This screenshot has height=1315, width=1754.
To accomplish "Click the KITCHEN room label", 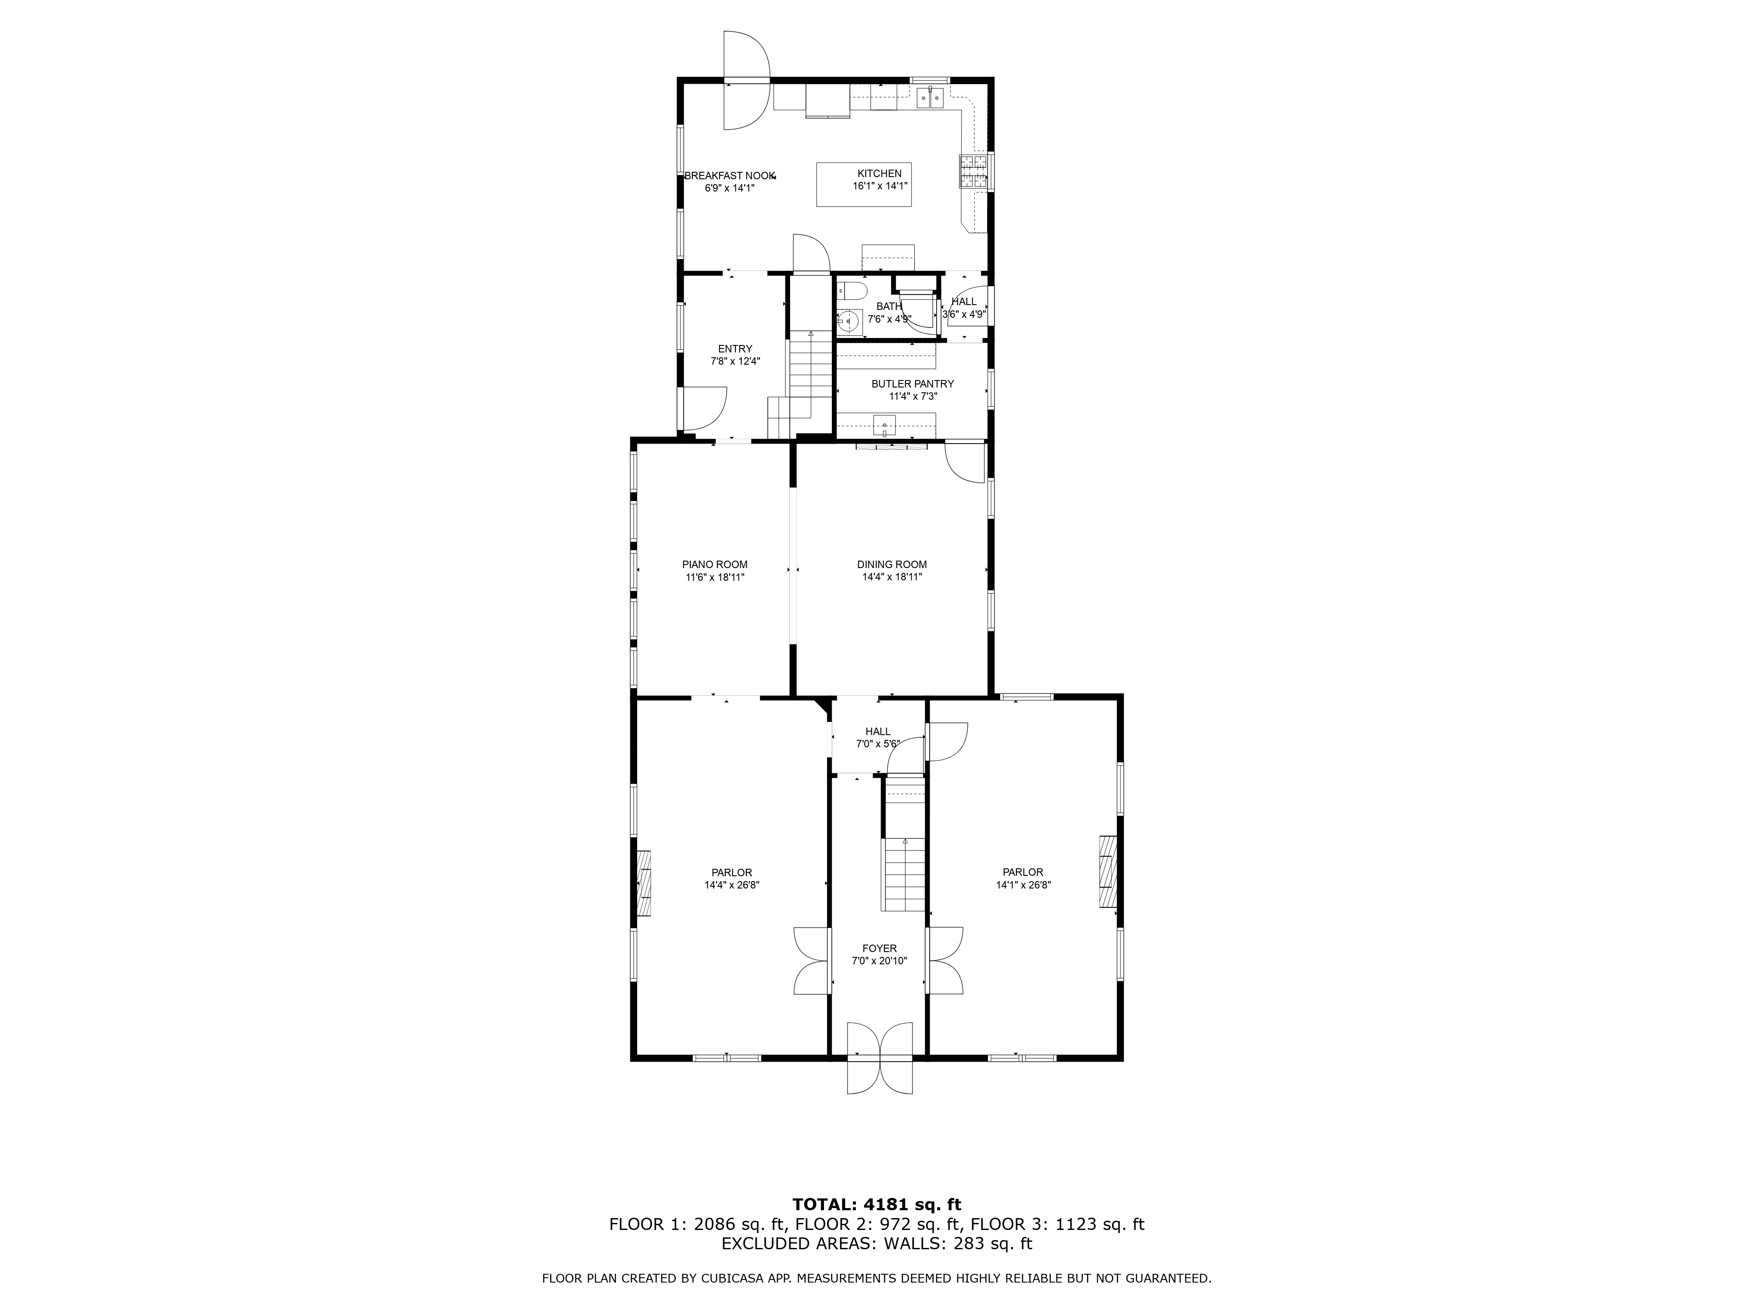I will coord(879,174).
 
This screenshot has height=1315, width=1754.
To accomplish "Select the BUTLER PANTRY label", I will coord(912,384).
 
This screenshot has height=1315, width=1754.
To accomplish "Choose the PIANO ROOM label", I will coord(714,565).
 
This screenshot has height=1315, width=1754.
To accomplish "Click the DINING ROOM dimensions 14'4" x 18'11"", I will coord(891,577).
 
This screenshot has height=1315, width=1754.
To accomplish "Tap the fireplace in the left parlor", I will coord(643,884).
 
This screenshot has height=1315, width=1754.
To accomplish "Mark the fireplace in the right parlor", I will coord(1107,871).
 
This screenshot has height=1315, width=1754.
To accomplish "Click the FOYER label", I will coord(879,948).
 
